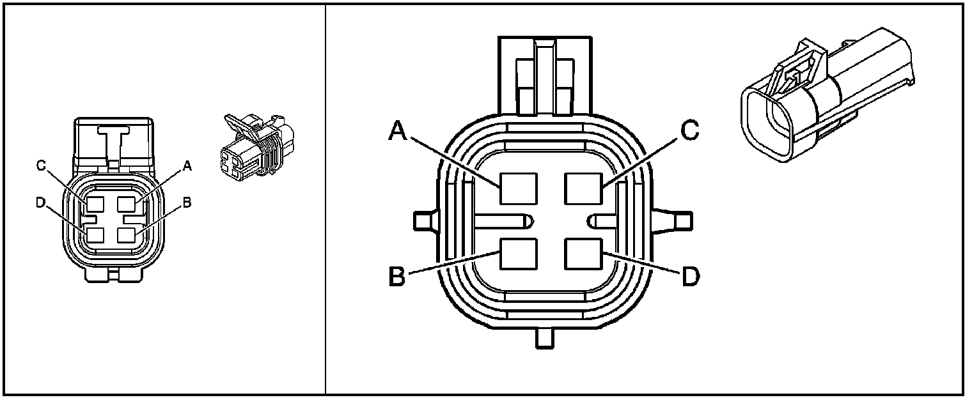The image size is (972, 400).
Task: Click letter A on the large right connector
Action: (x=397, y=131)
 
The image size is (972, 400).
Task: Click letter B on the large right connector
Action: (x=397, y=278)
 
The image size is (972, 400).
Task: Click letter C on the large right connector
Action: (x=689, y=131)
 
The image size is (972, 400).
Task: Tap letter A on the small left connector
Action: (x=187, y=166)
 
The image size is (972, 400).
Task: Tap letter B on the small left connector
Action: (x=187, y=203)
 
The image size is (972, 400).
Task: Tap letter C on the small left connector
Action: (x=42, y=166)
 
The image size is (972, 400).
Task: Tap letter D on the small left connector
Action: (x=42, y=203)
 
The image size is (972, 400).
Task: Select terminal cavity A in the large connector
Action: (x=519, y=190)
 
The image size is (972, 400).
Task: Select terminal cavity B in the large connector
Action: (x=519, y=254)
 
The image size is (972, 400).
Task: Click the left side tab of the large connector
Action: (x=425, y=220)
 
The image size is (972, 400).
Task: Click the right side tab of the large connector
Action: (x=681, y=220)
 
